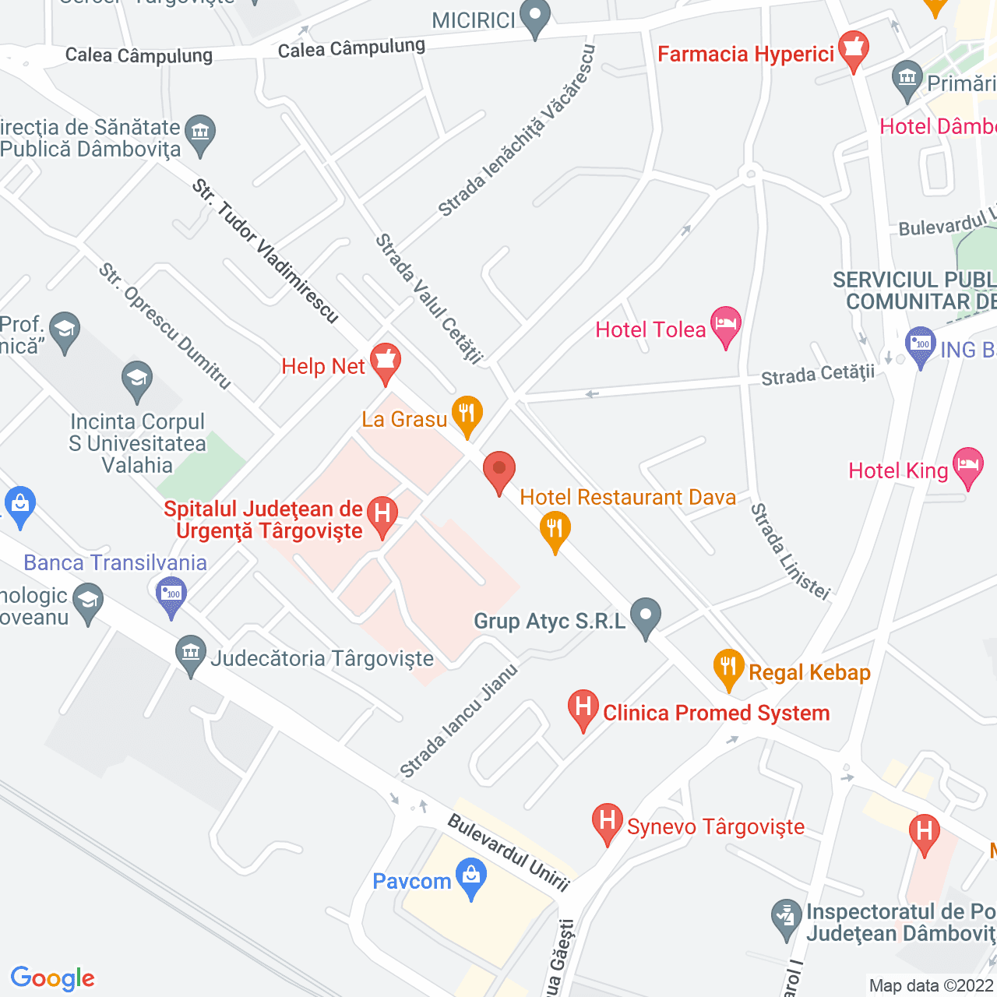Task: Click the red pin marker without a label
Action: tap(499, 470)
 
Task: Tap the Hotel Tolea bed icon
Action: tap(726, 326)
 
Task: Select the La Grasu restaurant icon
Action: tap(467, 414)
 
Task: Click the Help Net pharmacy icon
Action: tap(385, 362)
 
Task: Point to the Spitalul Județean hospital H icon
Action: tap(382, 515)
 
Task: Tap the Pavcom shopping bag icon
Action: tap(471, 877)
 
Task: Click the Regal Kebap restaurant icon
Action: tap(728, 668)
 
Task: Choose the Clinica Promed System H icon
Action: tap(583, 708)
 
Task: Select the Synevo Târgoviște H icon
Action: tap(607, 822)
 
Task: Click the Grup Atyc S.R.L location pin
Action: tap(646, 616)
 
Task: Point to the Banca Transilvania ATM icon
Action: tap(171, 595)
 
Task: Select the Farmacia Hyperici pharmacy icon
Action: tap(854, 49)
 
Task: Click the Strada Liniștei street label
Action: tap(790, 551)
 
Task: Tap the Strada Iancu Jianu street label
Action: tap(459, 721)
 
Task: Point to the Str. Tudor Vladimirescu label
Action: tap(266, 251)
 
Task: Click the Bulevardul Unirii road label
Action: tap(509, 852)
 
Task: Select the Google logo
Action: tap(52, 978)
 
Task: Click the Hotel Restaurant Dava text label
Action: tap(628, 497)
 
